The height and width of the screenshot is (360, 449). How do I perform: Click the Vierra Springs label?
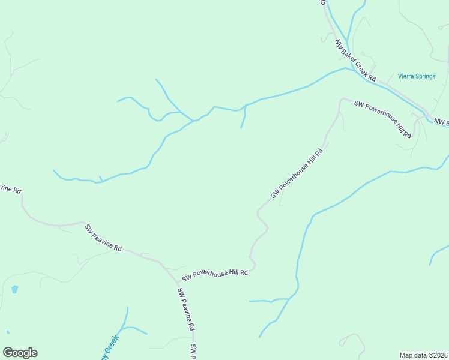point(417,76)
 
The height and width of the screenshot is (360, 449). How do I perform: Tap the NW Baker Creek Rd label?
point(355,61)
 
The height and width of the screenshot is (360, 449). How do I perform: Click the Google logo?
point(20,353)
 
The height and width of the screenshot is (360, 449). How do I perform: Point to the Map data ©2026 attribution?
point(424,355)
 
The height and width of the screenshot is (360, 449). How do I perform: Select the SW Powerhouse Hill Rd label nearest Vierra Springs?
point(382,119)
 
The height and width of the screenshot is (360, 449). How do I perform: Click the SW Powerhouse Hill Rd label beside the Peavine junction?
point(215,274)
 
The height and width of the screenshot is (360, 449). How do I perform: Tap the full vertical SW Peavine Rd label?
point(186,309)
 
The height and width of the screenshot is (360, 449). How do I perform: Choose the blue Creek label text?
point(112,347)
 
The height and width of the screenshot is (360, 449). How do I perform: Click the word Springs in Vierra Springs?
point(426,76)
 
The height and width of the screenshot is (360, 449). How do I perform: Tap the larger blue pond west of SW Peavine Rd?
point(14,289)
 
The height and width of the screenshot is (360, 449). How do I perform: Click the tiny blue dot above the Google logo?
point(8,332)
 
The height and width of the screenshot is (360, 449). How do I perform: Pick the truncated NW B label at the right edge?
point(441,122)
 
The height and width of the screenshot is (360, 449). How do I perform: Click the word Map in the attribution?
point(406,355)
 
